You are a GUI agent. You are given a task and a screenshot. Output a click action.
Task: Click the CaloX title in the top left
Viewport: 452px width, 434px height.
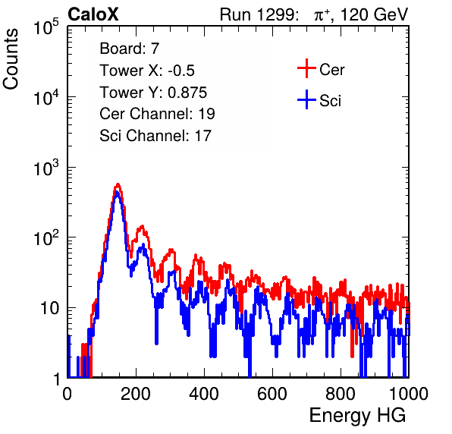point(93,14)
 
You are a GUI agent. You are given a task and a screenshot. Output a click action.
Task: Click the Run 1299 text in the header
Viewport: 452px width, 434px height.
point(259,14)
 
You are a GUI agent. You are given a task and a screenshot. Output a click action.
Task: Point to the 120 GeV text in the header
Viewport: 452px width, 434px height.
point(374,14)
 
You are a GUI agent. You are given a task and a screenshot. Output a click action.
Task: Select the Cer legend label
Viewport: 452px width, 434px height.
point(331,70)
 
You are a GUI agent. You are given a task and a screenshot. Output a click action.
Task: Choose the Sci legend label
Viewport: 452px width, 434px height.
point(330,101)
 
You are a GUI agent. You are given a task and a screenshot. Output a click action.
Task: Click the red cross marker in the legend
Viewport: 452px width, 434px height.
point(306,68)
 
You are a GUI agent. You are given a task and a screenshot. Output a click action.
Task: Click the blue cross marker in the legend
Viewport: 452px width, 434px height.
point(306,99)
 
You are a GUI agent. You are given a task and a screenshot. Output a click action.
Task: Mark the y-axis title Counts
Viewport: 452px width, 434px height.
point(11,59)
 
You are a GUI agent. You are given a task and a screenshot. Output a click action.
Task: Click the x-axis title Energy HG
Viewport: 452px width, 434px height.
point(357,415)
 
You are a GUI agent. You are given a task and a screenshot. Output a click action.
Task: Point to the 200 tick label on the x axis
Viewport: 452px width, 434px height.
point(136,394)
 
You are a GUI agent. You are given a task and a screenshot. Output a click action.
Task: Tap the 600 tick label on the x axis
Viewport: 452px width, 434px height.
point(272,394)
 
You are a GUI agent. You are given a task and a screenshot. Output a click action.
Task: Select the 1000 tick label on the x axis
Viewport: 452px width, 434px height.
point(409,394)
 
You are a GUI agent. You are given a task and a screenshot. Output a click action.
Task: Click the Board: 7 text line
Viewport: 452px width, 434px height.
point(129,49)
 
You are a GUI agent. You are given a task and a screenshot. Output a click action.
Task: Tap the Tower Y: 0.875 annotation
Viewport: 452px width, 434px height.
point(153,93)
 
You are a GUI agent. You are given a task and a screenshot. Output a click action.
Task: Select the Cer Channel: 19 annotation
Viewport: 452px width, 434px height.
point(157,114)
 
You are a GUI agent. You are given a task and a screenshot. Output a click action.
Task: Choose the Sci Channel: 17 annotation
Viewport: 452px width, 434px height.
point(155,136)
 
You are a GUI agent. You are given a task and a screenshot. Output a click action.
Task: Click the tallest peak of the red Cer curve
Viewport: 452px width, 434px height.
point(118,184)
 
